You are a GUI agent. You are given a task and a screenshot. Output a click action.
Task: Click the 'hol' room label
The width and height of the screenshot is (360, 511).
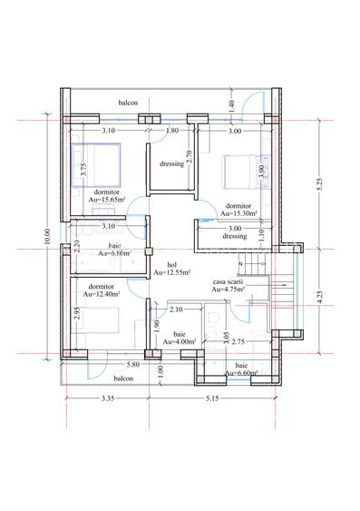(x=171, y=265)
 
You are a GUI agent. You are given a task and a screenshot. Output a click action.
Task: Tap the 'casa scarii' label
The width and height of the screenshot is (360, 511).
(x=229, y=281)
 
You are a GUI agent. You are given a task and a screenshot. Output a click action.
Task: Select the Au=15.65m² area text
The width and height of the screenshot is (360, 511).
(x=107, y=200)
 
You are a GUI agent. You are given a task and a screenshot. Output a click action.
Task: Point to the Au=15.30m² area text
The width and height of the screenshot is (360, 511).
(x=238, y=213)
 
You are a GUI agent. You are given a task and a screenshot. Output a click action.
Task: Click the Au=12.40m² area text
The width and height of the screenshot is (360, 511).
(x=102, y=294)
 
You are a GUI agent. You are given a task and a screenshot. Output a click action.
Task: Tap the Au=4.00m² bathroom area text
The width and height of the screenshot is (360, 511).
(x=180, y=342)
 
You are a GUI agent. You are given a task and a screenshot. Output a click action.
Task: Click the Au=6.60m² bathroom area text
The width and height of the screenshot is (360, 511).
(x=241, y=373)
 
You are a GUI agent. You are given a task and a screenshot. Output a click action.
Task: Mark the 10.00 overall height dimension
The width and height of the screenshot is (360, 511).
(x=47, y=236)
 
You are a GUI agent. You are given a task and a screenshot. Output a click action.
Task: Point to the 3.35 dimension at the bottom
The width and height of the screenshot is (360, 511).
(x=108, y=398)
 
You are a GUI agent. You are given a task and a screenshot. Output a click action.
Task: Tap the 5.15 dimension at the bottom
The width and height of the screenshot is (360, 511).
(x=212, y=398)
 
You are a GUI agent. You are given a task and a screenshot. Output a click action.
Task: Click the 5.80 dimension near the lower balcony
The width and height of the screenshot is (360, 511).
(x=133, y=364)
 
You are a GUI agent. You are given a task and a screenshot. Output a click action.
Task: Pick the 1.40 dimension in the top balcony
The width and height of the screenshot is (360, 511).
(x=232, y=106)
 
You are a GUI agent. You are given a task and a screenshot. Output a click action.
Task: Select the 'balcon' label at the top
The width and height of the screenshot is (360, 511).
(x=128, y=103)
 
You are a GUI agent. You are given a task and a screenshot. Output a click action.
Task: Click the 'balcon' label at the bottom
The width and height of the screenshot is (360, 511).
(x=123, y=378)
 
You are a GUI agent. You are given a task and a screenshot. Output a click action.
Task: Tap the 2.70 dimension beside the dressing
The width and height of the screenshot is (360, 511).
(x=191, y=156)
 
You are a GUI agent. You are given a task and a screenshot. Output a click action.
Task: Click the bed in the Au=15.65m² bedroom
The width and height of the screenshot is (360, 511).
(x=96, y=165)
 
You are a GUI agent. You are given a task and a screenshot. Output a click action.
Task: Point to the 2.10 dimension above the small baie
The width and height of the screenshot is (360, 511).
(x=176, y=310)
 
